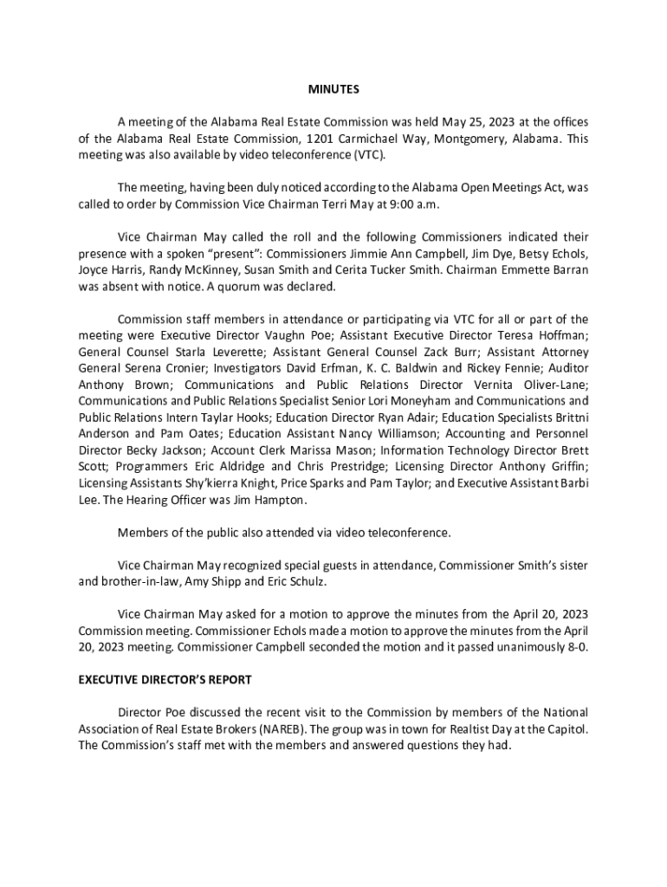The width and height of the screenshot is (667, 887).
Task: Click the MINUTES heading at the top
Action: click(333, 89)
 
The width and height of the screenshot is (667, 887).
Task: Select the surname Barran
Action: click(566, 269)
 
